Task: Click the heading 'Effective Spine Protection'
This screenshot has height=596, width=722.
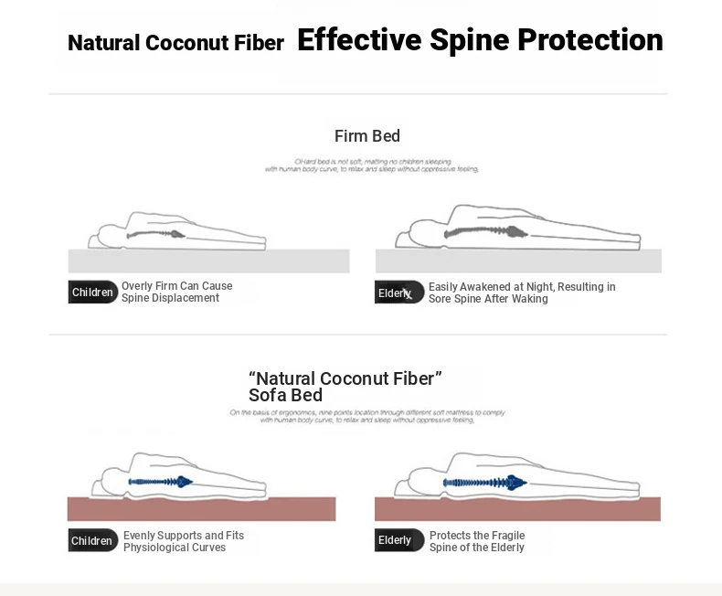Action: [480, 40]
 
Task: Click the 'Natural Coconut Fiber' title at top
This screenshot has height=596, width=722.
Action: [175, 43]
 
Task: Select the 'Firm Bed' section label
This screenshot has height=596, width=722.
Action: [367, 136]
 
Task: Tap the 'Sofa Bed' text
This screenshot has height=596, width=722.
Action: [285, 396]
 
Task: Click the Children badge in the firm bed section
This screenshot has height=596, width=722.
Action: [93, 293]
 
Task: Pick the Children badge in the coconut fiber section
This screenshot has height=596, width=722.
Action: [93, 540]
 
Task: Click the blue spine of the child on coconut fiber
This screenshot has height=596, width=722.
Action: [160, 481]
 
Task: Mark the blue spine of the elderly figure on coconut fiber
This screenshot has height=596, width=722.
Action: [484, 482]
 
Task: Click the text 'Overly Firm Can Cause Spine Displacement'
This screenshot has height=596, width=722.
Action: [176, 293]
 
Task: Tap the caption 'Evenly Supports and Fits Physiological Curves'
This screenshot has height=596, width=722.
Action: [183, 541]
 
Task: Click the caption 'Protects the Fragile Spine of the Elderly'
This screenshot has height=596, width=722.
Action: [477, 541]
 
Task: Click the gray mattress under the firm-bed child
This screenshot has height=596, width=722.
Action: [208, 261]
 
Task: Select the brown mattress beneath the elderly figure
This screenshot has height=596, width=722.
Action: [517, 509]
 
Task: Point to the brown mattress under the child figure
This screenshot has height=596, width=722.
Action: [201, 509]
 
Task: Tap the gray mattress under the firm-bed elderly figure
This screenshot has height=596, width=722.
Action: [517, 261]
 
